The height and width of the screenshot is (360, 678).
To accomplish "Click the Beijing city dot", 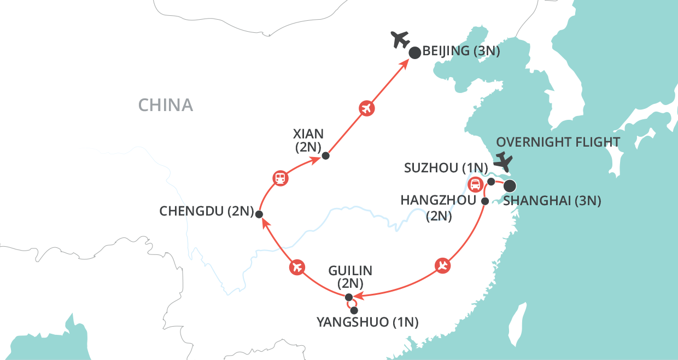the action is pos(414,53).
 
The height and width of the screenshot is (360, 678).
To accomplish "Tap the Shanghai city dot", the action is pos(510,186).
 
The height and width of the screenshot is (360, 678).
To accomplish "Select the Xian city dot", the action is pos(326,155).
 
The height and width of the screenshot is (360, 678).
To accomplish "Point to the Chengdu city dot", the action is pos(259,214).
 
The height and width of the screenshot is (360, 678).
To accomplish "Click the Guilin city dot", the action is pos(349,297).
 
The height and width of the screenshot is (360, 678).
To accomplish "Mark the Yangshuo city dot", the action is pos(354,310).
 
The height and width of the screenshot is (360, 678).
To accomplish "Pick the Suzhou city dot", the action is pos(491,182).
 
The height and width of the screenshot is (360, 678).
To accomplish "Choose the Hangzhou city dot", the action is pos(485,201).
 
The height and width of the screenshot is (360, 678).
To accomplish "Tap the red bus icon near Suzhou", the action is pos(475,184).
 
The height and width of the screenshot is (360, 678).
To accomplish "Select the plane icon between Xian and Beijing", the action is pos(367,108).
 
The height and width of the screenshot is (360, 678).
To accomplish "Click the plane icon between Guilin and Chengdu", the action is pos(297,268).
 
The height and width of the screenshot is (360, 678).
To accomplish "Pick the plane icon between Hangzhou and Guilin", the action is pos(442,266).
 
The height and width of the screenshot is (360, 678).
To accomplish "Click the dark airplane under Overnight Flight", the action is pos(503,161).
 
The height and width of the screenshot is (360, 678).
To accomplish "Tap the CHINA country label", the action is pos(166,105).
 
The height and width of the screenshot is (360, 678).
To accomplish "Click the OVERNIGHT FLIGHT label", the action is pos(558,142).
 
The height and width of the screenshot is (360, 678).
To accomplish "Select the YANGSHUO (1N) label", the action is pos(368,322).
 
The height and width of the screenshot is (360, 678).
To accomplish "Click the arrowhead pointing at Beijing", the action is pos(405,64).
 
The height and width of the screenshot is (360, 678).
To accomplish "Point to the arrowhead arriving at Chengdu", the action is pos(266,224).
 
